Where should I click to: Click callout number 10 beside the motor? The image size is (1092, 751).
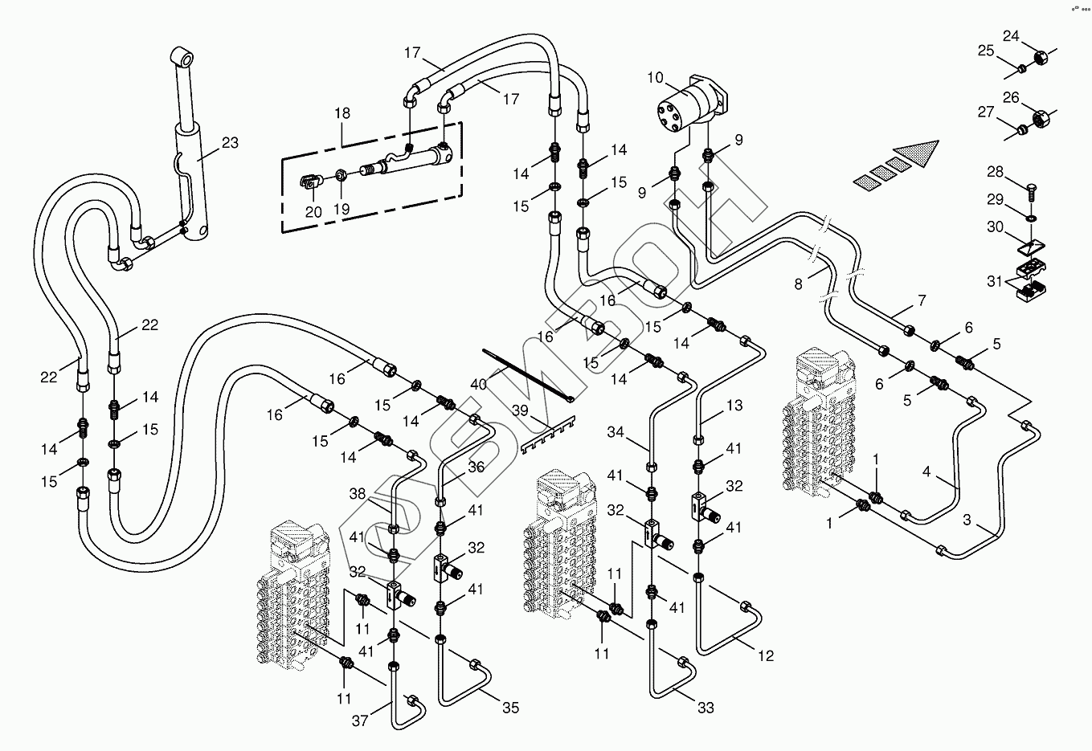point(655,78)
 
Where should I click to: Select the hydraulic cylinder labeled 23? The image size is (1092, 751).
point(194,161)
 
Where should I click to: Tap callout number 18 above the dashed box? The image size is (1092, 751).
point(342,114)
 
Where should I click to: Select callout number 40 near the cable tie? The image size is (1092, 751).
point(479,385)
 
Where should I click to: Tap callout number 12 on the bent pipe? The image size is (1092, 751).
point(766,655)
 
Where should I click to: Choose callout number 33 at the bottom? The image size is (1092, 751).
point(706,708)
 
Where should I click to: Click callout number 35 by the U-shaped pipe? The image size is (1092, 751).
point(511,708)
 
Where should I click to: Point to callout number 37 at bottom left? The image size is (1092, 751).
point(360,720)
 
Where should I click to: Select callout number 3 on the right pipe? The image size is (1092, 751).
point(967,520)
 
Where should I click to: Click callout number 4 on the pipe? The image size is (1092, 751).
point(926,472)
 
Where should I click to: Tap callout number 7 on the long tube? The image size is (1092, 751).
point(922,301)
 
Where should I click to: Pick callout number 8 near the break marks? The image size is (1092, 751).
point(798,283)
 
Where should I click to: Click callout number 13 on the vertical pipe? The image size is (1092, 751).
point(734,406)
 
